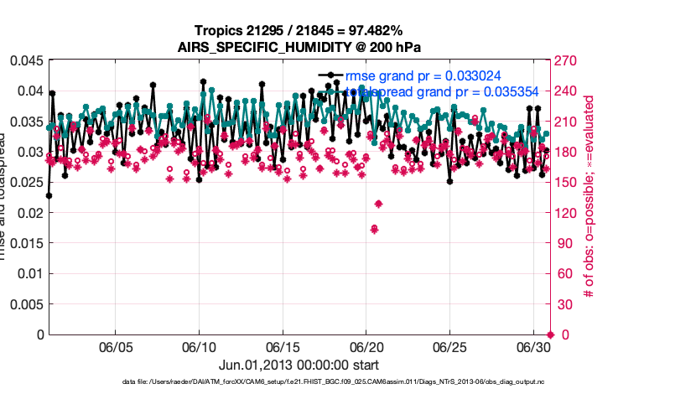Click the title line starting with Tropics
click(x=299, y=31)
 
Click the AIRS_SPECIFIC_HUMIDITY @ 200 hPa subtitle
click(x=299, y=47)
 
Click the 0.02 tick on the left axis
click(x=31, y=213)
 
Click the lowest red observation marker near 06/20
click(x=374, y=229)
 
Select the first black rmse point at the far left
click(x=49, y=195)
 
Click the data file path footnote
click(x=344, y=382)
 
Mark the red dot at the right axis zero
click(x=550, y=334)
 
